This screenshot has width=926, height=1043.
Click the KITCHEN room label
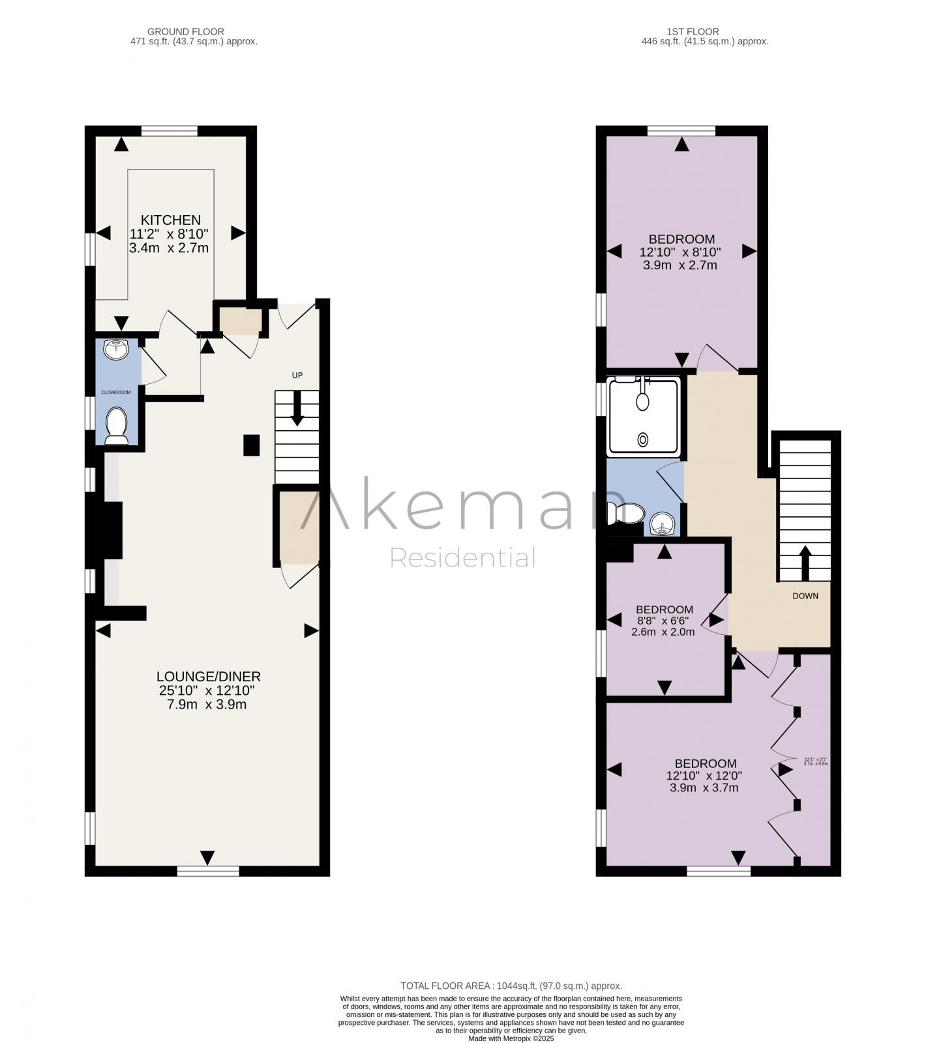171,220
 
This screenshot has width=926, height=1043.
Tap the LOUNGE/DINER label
208,677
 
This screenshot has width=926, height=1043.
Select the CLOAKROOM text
115,392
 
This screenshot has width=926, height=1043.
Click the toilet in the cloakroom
117,426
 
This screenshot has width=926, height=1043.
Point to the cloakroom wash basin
116,350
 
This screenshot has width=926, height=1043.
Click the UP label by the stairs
297,375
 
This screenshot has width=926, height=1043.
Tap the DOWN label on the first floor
805,596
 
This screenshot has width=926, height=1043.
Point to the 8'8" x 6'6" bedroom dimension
664,621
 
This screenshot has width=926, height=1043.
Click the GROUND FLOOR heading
186,31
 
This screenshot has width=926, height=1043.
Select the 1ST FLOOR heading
693,31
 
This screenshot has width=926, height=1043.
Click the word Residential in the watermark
462,558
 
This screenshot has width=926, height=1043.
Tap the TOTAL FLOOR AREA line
511,986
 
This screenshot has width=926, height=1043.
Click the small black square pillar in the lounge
251,445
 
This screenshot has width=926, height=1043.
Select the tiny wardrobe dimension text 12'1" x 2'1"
816,759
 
